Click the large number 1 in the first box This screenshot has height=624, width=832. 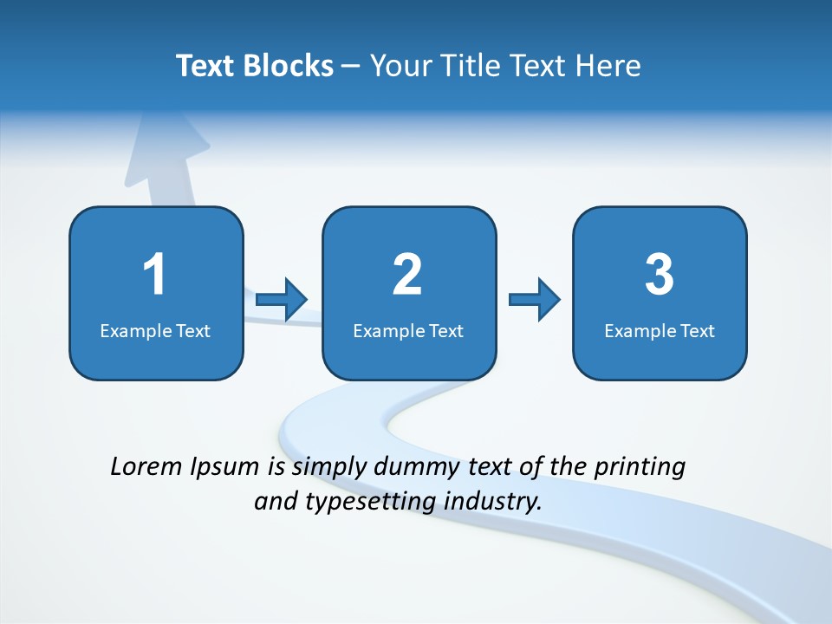click(154, 275)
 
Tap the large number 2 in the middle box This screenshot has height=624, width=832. click(407, 275)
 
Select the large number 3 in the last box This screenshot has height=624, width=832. click(660, 275)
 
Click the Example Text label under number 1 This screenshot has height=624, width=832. click(155, 330)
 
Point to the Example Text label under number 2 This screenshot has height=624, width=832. click(408, 330)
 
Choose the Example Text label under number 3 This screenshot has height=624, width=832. click(660, 330)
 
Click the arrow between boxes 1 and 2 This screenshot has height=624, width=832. click(283, 300)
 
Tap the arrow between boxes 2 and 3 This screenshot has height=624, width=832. click(535, 300)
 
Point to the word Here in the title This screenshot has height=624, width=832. click(609, 66)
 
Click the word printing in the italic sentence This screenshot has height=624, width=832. click(640, 468)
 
